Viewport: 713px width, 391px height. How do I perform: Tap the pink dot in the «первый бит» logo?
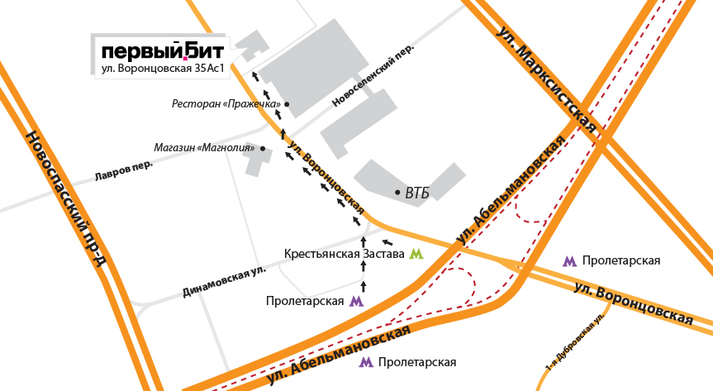point(186,58)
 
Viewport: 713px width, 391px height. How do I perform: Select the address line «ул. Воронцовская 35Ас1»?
point(163,69)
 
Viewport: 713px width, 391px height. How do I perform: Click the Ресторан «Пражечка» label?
point(226,104)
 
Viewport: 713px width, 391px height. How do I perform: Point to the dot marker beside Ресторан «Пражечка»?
point(287,104)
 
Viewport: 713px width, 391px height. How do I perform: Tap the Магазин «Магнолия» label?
point(204,148)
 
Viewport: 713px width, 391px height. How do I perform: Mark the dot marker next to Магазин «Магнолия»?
point(263,149)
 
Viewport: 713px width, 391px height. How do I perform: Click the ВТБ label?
point(417,193)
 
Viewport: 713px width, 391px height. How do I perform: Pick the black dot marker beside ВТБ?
point(397,193)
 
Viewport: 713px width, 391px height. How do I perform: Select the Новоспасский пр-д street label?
point(65,198)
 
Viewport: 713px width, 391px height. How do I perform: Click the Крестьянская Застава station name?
point(344,254)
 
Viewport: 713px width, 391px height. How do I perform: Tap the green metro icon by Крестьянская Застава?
point(416,254)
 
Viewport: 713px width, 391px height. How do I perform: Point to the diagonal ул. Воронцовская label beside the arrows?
point(326,176)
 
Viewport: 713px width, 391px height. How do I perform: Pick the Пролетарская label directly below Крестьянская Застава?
point(305,301)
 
